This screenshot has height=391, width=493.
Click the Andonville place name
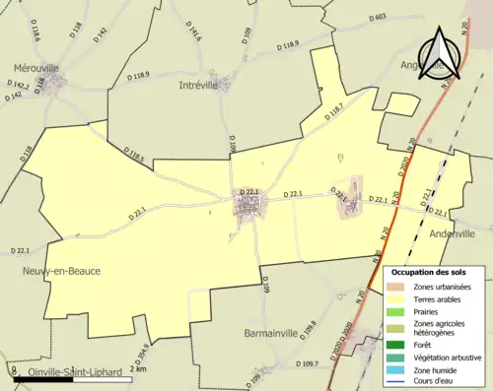pos(453,233)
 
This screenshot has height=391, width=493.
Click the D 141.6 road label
pos(192,36)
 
